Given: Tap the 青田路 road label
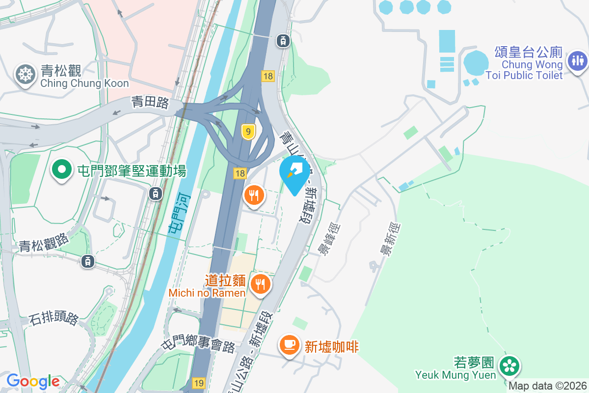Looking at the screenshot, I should click(x=150, y=103).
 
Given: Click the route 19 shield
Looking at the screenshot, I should click(x=199, y=383).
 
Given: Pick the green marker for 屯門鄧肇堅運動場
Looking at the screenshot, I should click(x=62, y=170).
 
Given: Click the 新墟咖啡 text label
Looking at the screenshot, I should click(x=332, y=347).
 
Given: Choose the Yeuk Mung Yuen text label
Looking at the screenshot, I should click(x=455, y=375).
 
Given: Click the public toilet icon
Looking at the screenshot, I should click(x=577, y=61).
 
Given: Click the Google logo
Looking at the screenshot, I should click(x=33, y=381).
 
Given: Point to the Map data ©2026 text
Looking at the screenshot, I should click(x=547, y=386).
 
